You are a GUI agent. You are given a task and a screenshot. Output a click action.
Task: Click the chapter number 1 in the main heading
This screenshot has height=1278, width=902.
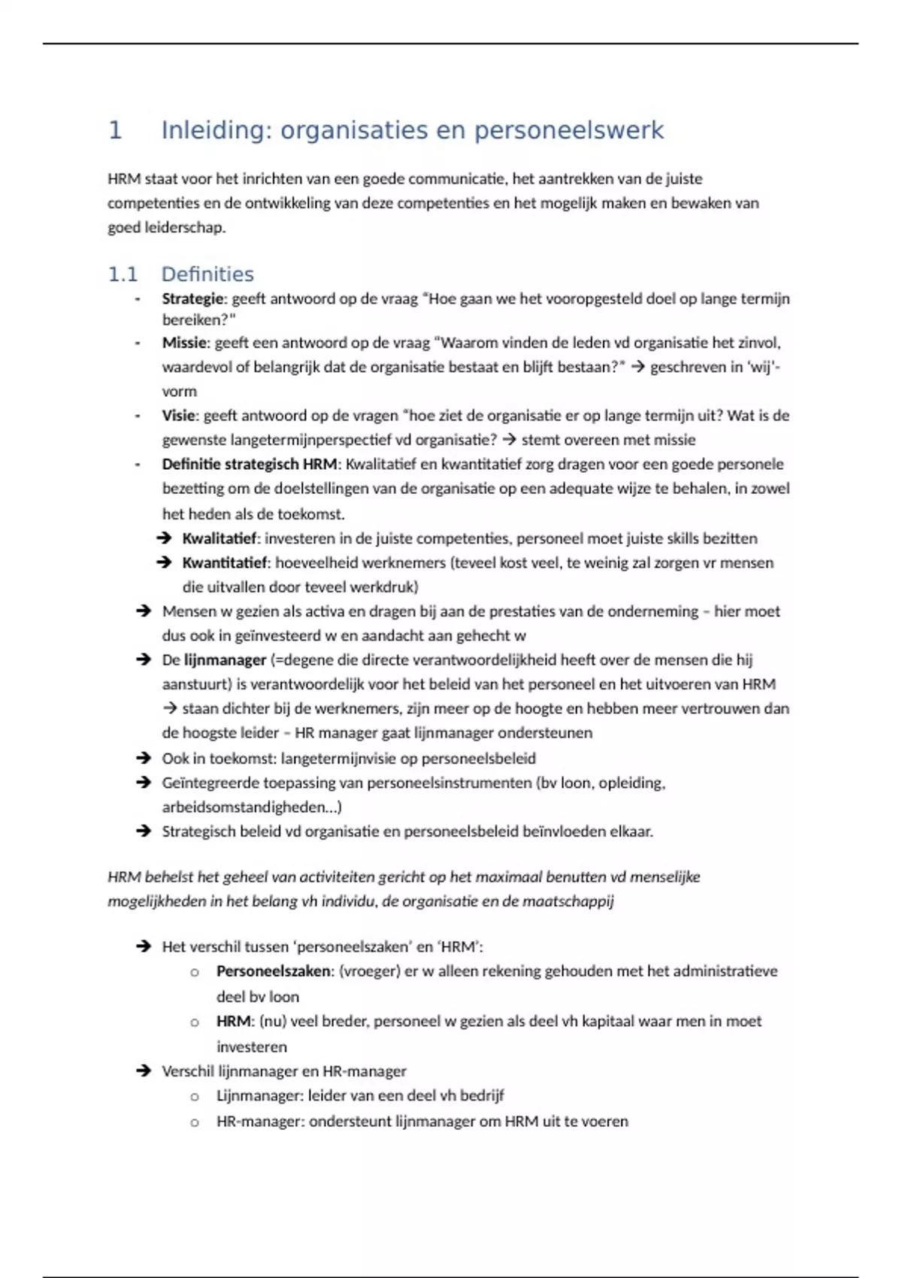point(115,130)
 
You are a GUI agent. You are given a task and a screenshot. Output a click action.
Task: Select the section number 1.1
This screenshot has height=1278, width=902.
point(123,274)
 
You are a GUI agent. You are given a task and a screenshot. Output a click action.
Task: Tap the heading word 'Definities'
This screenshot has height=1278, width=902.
point(207,274)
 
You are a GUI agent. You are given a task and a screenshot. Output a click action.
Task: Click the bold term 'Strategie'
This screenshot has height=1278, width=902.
point(192,298)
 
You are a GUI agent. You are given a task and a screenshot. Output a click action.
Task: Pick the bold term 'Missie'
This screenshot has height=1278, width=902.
point(184,343)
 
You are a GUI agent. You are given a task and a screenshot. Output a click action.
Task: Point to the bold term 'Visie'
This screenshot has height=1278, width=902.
point(179,416)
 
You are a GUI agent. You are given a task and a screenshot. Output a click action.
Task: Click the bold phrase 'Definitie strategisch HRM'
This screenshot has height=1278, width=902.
point(250,464)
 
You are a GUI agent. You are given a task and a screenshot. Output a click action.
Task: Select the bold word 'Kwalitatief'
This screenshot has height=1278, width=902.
point(219,538)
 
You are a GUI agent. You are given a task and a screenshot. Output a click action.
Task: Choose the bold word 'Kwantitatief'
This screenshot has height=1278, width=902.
point(225,562)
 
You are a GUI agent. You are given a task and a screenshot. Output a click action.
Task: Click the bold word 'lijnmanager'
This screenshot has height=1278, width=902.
point(225,660)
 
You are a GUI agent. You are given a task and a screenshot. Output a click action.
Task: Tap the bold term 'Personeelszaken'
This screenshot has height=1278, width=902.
point(274,971)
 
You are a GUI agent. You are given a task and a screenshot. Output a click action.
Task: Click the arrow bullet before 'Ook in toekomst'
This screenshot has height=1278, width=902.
point(144,758)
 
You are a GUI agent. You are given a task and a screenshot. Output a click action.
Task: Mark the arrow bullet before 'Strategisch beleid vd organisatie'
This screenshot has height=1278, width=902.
point(144,831)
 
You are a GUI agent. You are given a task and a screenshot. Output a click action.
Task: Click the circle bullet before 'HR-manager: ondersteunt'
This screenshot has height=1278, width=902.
point(195,1122)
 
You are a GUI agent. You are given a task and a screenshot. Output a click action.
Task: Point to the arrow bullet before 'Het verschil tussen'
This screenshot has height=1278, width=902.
point(144,946)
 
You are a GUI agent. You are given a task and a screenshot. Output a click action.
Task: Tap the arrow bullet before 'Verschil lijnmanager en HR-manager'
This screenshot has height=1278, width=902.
point(144,1071)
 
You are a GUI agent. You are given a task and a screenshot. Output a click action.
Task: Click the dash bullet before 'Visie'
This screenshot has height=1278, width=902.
point(138,416)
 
